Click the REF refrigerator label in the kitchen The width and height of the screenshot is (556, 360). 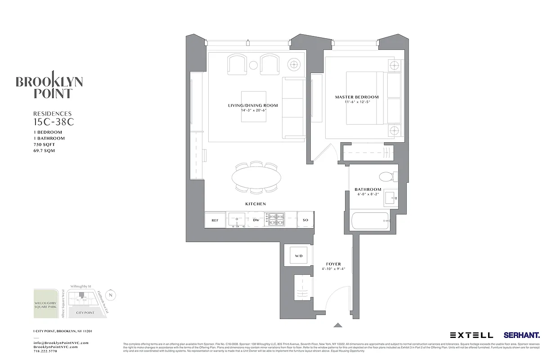click(x=215, y=220)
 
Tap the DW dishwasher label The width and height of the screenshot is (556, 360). click(x=256, y=220)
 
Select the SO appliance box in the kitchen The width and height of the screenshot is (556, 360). click(x=305, y=220)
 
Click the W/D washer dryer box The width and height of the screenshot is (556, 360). click(x=299, y=256)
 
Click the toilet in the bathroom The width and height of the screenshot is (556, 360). click(x=386, y=176)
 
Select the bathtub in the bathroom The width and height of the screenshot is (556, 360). click(x=370, y=220)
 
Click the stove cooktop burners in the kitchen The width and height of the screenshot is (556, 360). click(x=277, y=219)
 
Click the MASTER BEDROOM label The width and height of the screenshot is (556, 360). click(x=357, y=97)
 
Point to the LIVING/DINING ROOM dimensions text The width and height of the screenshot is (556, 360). click(x=253, y=110)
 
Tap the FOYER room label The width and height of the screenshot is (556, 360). click(x=333, y=264)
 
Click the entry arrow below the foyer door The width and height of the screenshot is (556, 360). click(x=338, y=324)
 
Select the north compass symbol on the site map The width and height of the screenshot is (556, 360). click(x=112, y=295)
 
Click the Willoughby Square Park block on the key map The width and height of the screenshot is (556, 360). click(x=45, y=303)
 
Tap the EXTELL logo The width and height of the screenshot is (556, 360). click(x=471, y=335)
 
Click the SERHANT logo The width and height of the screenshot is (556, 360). click(x=522, y=335)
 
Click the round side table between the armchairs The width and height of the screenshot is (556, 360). click(x=253, y=66)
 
